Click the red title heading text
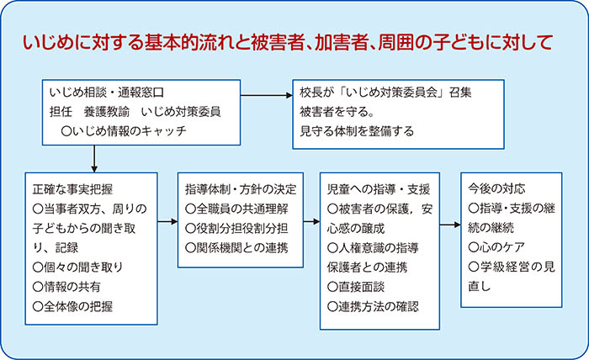(x=288, y=42)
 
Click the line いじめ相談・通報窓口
(x=107, y=93)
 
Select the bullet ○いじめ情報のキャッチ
(x=123, y=131)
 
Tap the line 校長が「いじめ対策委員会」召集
(x=385, y=93)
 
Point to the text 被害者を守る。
(x=337, y=112)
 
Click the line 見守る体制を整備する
(x=357, y=131)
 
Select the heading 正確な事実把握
(x=72, y=189)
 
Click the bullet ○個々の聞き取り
(x=77, y=267)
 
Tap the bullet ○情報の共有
(x=66, y=287)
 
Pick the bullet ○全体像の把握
(x=72, y=306)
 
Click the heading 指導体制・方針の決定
(x=241, y=189)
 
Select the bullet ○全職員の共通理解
(x=236, y=209)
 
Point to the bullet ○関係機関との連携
(x=236, y=248)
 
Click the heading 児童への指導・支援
(x=379, y=189)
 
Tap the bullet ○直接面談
(x=356, y=287)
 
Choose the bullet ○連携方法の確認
(x=373, y=306)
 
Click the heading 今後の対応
(x=496, y=188)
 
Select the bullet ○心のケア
(x=496, y=247)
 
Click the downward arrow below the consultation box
(x=94, y=159)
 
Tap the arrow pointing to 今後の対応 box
(x=450, y=225)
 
